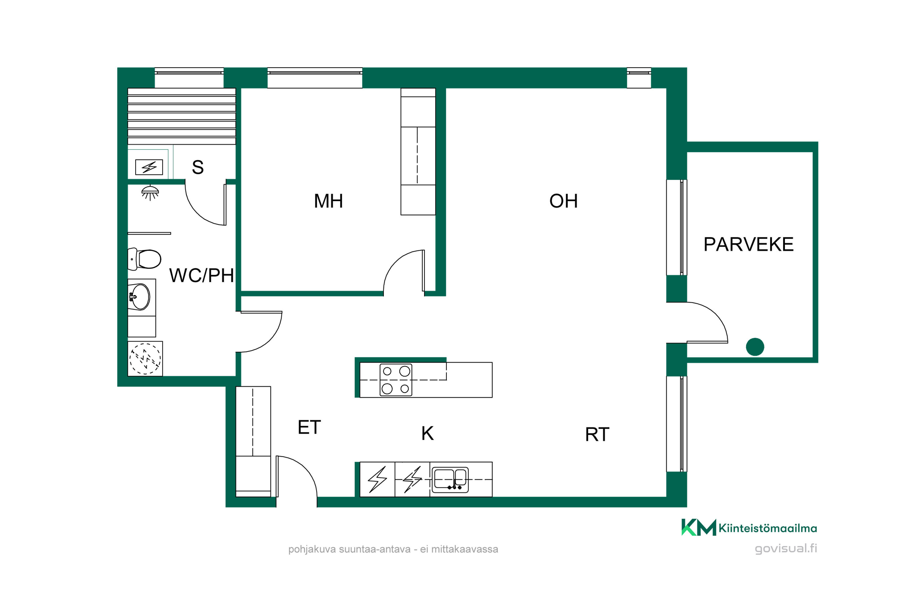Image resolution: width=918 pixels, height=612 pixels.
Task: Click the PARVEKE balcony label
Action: (748, 244)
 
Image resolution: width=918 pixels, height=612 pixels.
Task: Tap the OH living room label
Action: (563, 201)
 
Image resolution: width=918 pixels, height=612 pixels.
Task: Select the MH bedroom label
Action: (328, 201)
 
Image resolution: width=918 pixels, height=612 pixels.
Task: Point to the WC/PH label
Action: (201, 276)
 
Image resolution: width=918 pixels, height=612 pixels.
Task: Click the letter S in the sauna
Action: (198, 167)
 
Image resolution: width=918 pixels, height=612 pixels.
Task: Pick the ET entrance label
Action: (309, 427)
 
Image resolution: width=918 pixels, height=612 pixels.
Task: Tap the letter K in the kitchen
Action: (427, 433)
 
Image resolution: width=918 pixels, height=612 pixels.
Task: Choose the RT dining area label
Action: (597, 435)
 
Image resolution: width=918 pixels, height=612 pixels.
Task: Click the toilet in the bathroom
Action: (144, 259)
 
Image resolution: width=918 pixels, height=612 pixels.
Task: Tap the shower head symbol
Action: (150, 192)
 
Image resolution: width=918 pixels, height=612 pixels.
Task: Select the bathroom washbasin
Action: (139, 297)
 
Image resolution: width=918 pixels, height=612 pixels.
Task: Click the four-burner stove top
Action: (396, 380)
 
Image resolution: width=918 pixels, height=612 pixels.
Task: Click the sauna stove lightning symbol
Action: (149, 167)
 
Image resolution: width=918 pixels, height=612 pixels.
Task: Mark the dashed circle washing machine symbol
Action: (145, 359)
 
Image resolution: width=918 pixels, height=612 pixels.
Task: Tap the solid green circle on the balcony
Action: (755, 347)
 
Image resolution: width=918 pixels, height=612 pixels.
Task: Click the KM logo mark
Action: (699, 527)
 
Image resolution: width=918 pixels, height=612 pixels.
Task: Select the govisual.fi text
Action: (786, 548)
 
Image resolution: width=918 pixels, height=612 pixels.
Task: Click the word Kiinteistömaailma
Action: (768, 528)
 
